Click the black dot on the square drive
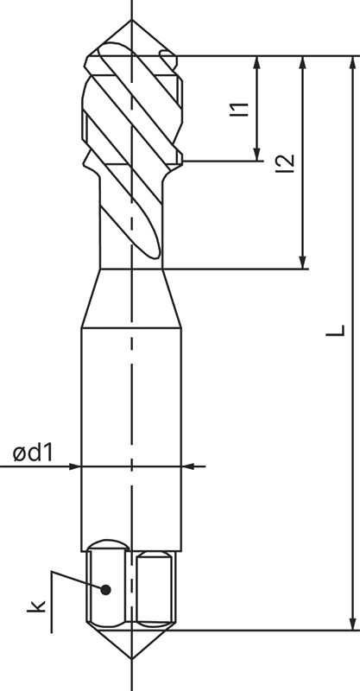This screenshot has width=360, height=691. (106, 590)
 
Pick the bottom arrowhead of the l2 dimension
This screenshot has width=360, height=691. (302, 261)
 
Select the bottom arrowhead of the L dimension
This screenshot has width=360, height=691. (352, 623)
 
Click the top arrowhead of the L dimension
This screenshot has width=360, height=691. (352, 63)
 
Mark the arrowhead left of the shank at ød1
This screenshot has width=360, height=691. (73, 466)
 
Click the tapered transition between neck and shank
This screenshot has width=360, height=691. (131, 298)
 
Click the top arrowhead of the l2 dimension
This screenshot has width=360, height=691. (302, 63)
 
